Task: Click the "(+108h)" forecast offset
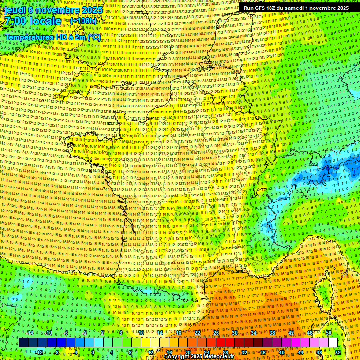(x=83, y=21)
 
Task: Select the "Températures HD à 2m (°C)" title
(x=52, y=37)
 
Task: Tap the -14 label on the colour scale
(x=30, y=333)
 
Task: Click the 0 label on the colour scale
(x=93, y=352)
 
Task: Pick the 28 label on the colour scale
(x=225, y=352)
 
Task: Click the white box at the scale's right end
(x=333, y=343)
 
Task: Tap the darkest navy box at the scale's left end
(x=23, y=343)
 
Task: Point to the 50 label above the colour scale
(x=329, y=333)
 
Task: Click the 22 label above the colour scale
(x=197, y=333)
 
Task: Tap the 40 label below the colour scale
(x=282, y=352)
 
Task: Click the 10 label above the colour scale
(x=141, y=333)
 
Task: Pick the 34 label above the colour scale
(x=254, y=333)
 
